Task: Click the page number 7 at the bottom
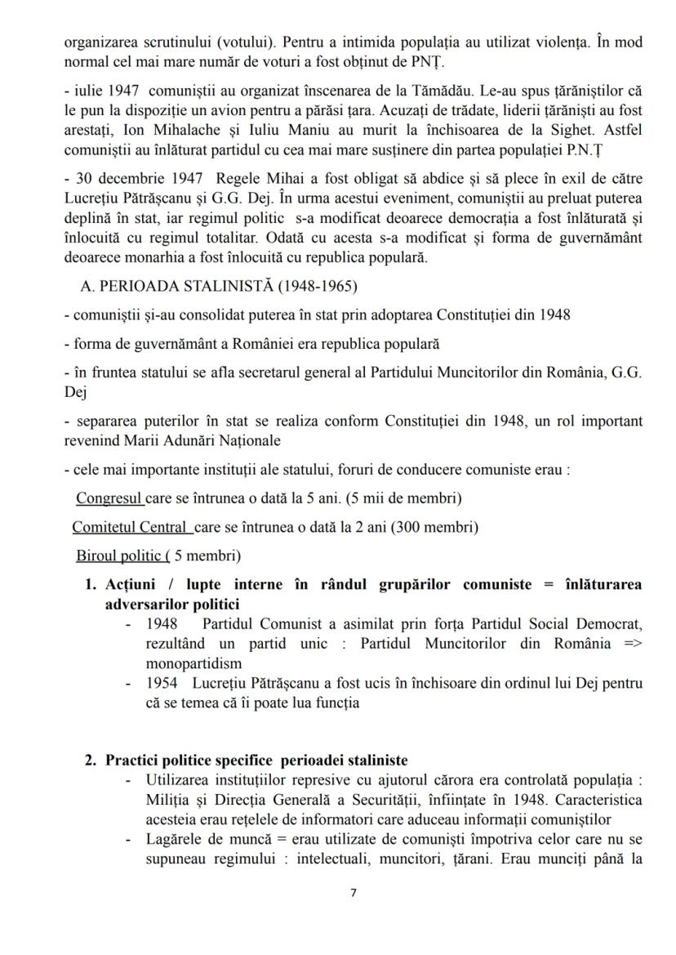(x=353, y=893)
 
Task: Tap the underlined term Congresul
(x=109, y=498)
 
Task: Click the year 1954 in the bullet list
(x=162, y=682)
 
